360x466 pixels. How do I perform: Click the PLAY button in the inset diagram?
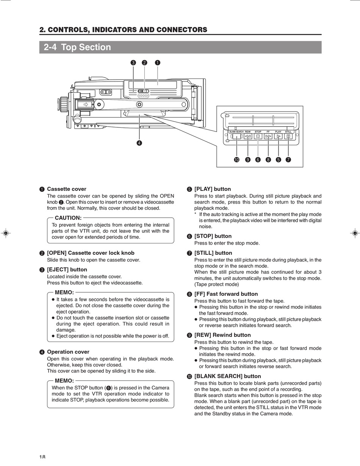click(x=278, y=137)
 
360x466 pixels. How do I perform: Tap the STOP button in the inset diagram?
click(x=258, y=137)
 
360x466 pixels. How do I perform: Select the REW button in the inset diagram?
click(x=248, y=137)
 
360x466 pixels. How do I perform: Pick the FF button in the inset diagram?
click(x=268, y=137)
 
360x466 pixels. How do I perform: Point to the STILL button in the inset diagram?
click(x=288, y=137)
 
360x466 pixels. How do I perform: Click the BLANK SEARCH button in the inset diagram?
click(x=236, y=137)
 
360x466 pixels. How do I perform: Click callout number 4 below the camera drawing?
click(x=139, y=143)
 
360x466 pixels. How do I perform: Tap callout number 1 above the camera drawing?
click(x=157, y=63)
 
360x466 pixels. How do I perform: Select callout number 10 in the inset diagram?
click(x=236, y=160)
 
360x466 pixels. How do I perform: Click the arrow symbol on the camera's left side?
click(x=86, y=104)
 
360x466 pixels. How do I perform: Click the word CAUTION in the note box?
click(x=68, y=218)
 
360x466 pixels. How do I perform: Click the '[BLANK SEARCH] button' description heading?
click(x=227, y=376)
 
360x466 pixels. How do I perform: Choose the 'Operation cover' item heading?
click(x=68, y=352)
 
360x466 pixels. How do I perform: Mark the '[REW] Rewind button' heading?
click(x=222, y=335)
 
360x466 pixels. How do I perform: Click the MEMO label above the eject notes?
click(x=64, y=293)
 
